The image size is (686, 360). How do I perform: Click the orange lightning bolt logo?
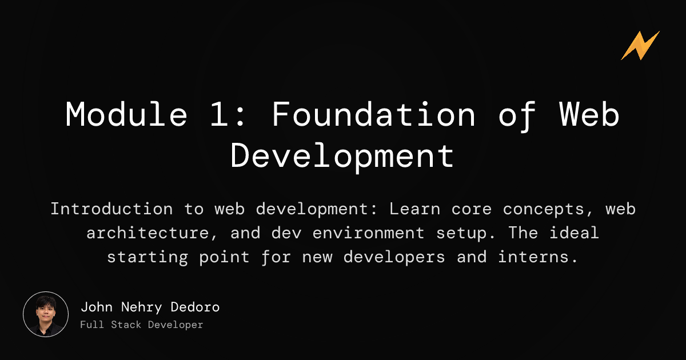640,46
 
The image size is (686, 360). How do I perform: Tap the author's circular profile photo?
46,314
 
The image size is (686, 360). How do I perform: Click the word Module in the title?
126,114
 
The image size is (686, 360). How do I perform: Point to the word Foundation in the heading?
373,114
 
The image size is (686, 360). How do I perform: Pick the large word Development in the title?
342,155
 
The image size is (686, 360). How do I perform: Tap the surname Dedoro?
195,307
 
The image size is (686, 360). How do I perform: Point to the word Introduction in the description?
111,209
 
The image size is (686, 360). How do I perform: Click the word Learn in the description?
412,209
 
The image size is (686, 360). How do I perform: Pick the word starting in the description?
145,257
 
